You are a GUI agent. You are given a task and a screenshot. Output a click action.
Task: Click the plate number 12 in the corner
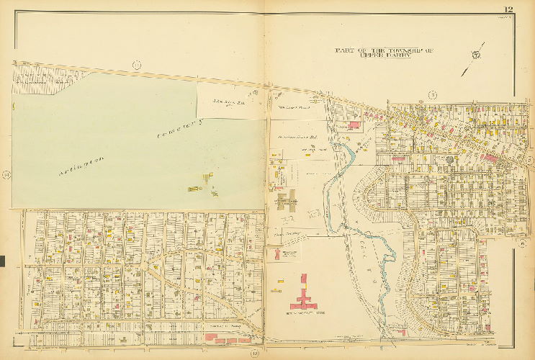pyautogui.click(x=508, y=9)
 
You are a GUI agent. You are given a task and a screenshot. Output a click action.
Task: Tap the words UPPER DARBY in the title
pyautogui.click(x=385, y=55)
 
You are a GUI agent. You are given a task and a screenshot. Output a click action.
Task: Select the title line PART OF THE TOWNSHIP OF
pyautogui.click(x=385, y=49)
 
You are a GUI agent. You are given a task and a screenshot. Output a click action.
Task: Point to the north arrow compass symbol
pyautogui.click(x=475, y=56)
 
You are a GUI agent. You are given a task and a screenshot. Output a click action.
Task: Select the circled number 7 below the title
pyautogui.click(x=432, y=95)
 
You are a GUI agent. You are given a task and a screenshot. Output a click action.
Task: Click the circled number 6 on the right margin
pyautogui.click(x=530, y=160)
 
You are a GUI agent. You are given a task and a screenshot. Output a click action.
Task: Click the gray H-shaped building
pyautogui.click(x=287, y=199)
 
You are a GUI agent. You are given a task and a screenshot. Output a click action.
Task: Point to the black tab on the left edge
pyautogui.click(x=2, y=261)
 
